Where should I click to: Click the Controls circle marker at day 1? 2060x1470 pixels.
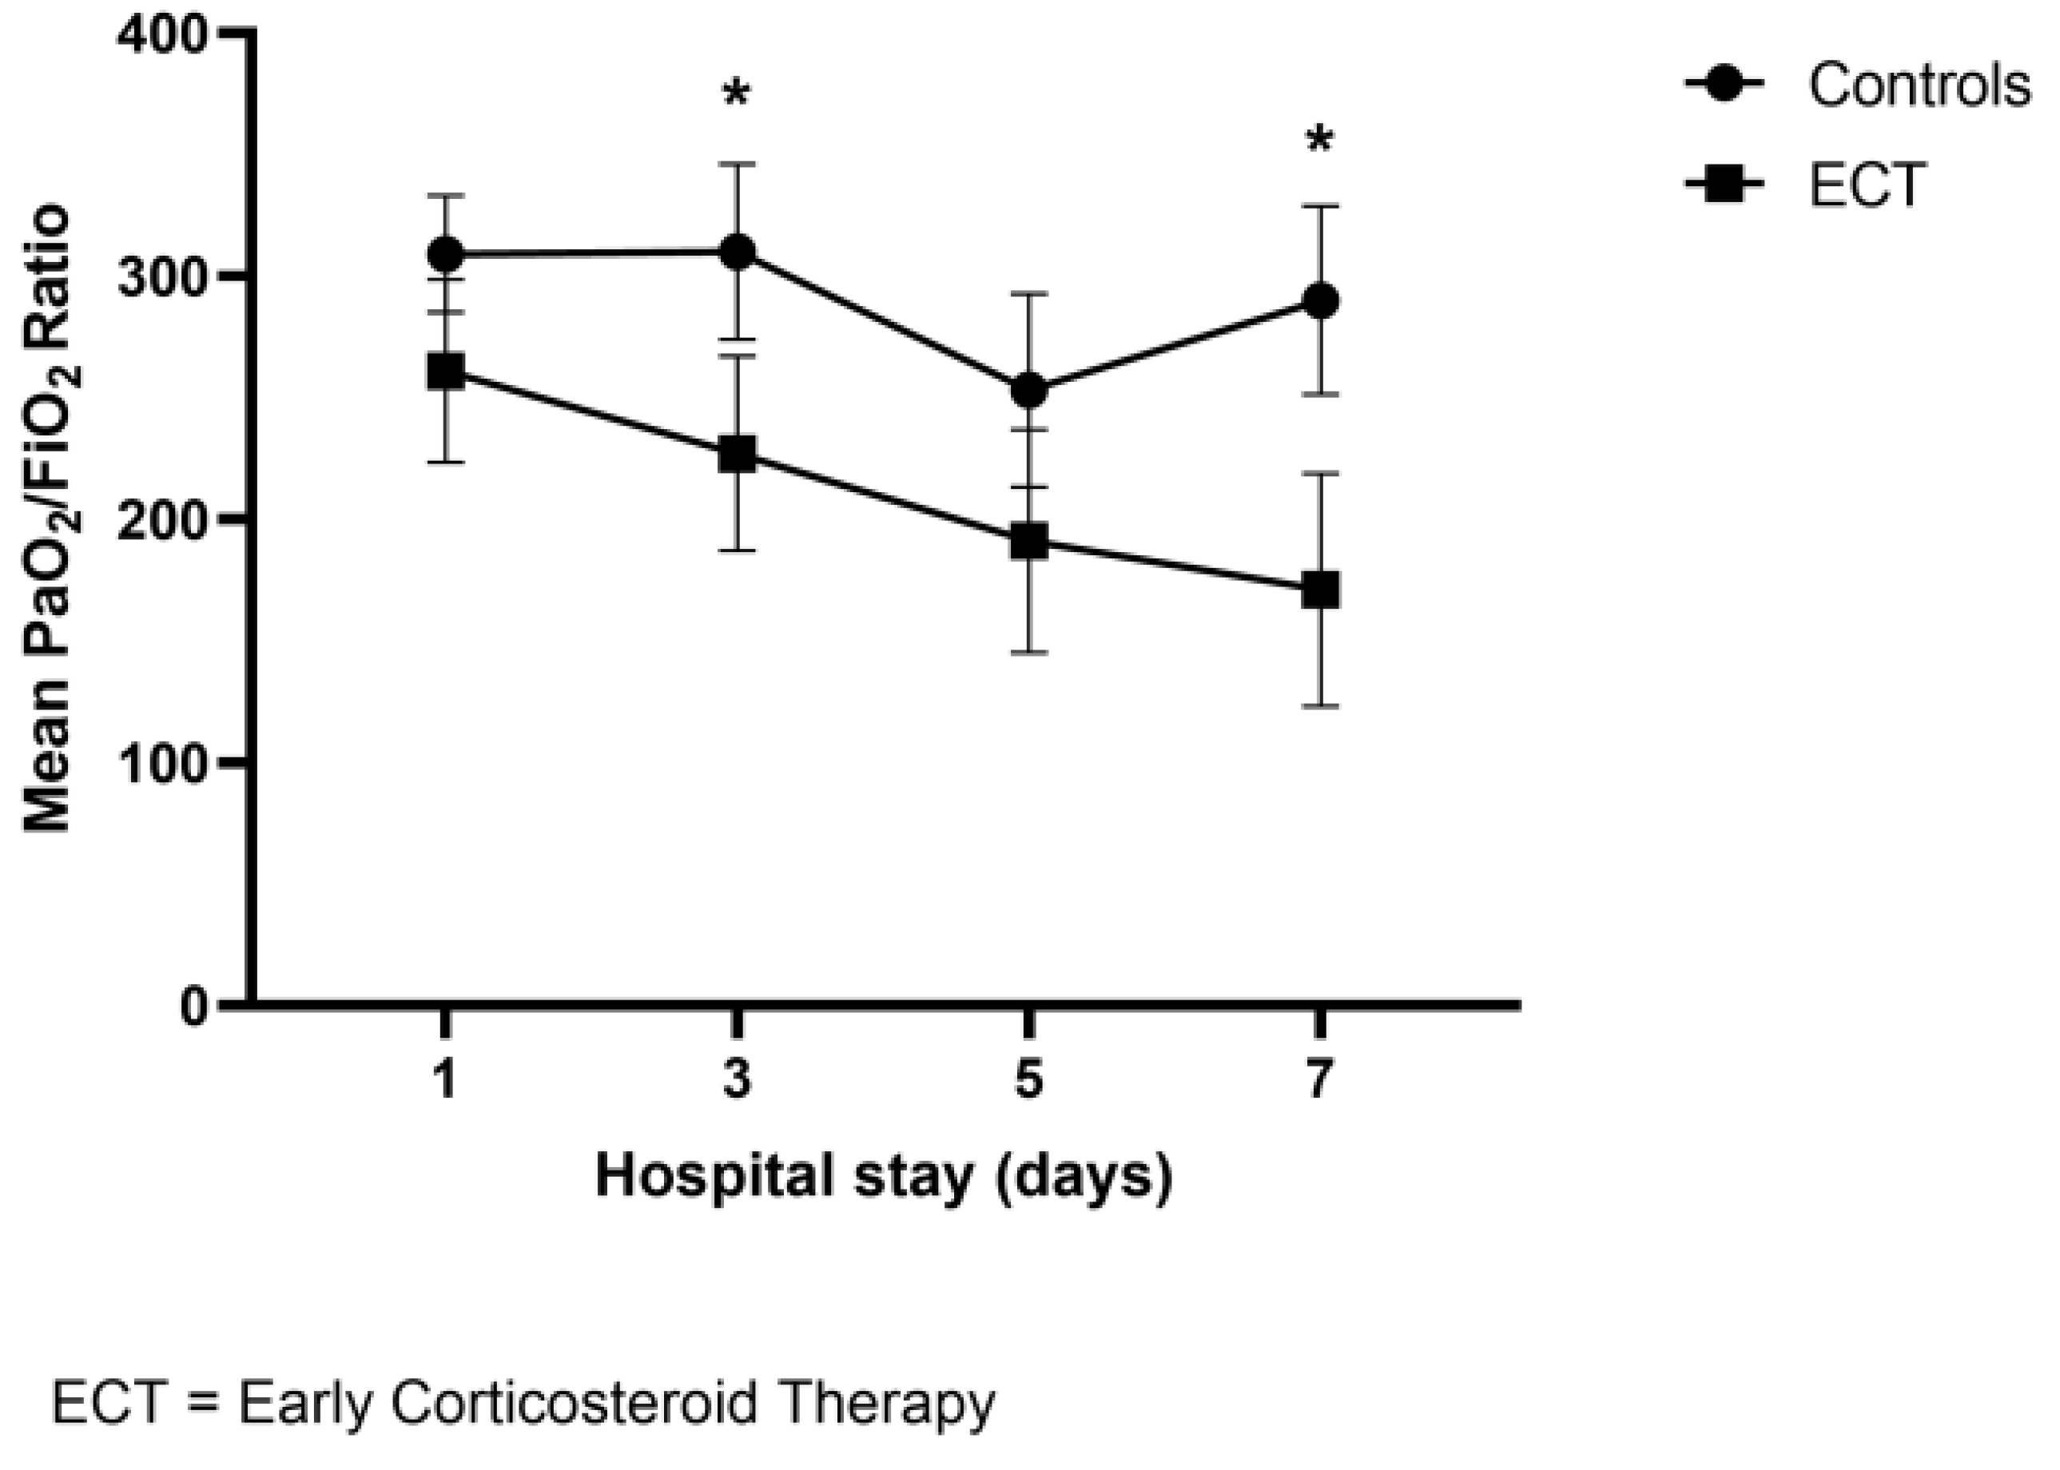(445, 254)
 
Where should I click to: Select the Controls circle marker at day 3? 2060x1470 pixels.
(738, 252)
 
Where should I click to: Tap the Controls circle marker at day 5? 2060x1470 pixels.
(1029, 391)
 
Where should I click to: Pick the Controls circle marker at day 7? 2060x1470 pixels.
(1321, 301)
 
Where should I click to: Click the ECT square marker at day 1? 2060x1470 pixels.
(445, 371)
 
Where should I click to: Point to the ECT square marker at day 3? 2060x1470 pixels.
(738, 455)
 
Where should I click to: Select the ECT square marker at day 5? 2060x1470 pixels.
(1029, 542)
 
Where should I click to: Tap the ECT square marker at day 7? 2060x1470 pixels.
(1321, 590)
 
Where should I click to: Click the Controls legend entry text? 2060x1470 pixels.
(1919, 86)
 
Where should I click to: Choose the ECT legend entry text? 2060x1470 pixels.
(1867, 185)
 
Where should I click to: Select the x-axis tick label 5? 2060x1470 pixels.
(1029, 1079)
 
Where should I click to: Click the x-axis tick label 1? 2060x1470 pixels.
(444, 1079)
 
